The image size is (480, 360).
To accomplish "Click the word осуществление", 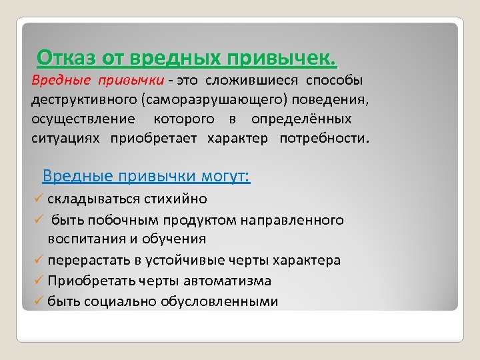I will pyautogui.click(x=73, y=119).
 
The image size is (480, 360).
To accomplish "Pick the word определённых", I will pyautogui.click(x=301, y=119).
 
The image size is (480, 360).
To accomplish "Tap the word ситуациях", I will pyautogui.click(x=65, y=139).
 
